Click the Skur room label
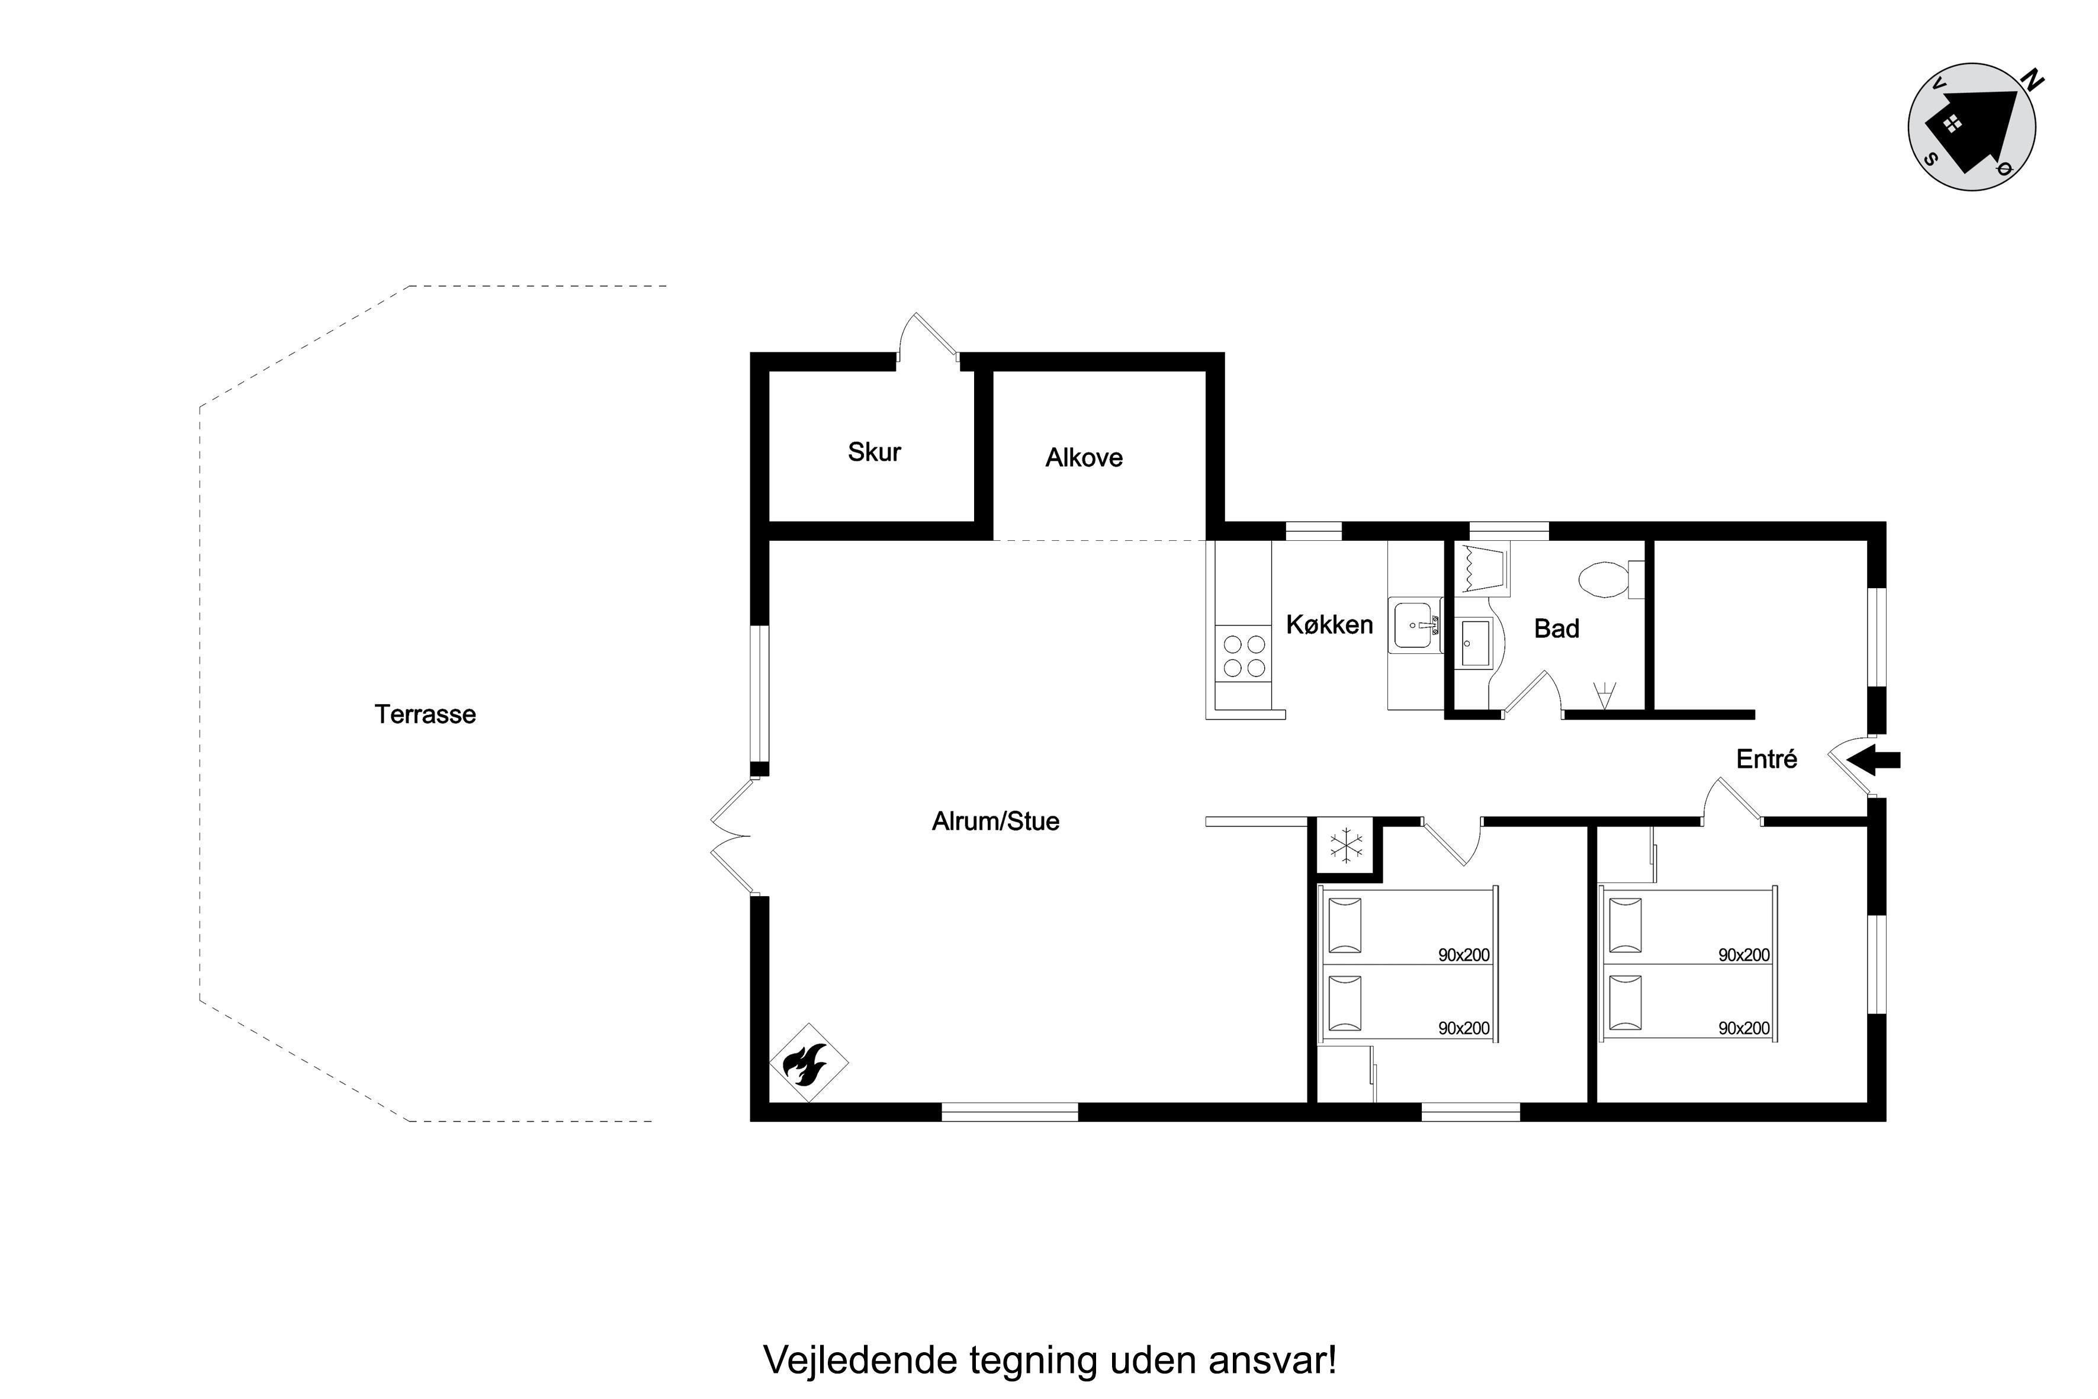[874, 453]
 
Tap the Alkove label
[1084, 458]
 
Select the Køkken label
[1329, 624]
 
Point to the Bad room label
[1557, 629]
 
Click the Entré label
[1766, 759]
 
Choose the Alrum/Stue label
[995, 822]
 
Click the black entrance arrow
[1873, 760]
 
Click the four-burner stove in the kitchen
[1244, 656]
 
